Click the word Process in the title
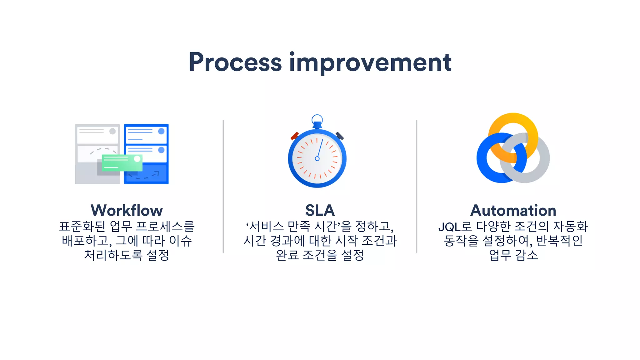[x=235, y=62]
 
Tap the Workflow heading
[x=127, y=210]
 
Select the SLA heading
[x=320, y=210]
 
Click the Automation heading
[x=513, y=210]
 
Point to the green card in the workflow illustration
[x=122, y=163]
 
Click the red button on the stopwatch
[x=294, y=136]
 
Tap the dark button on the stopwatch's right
[x=340, y=136]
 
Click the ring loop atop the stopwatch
[x=317, y=119]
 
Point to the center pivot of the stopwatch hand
[x=317, y=158]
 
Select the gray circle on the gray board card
[x=112, y=131]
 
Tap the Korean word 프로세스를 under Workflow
[x=165, y=227]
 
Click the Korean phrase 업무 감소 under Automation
[x=513, y=255]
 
